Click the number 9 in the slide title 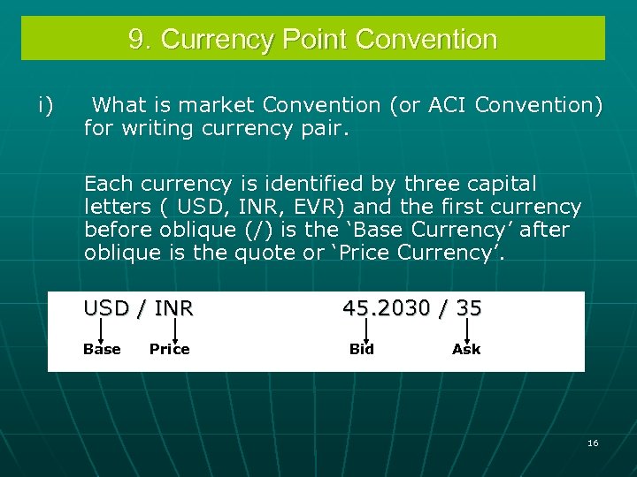click(x=137, y=40)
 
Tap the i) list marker click(x=46, y=106)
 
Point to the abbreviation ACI click(x=449, y=106)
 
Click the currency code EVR click(x=314, y=208)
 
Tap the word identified click(x=301, y=185)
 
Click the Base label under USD click(x=102, y=349)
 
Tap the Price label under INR click(x=169, y=349)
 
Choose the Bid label click(x=361, y=349)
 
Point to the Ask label click(x=466, y=349)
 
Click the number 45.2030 click(x=387, y=308)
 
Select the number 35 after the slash click(x=469, y=308)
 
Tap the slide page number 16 click(x=593, y=443)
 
